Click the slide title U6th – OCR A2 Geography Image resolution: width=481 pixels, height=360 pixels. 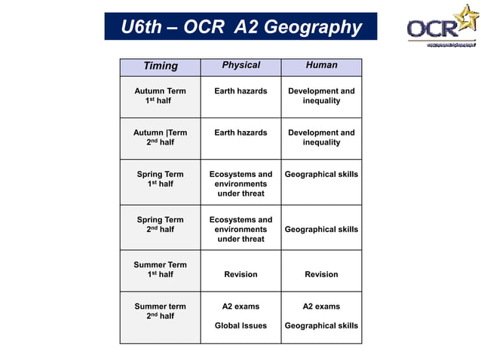(x=241, y=27)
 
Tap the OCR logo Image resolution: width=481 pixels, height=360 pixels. (x=443, y=27)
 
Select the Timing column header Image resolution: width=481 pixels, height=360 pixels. (x=161, y=66)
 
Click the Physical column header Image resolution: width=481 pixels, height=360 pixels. (x=240, y=66)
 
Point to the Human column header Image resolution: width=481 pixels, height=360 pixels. (x=321, y=66)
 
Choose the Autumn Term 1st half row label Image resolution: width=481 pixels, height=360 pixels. (x=160, y=96)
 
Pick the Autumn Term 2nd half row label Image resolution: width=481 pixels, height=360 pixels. (x=160, y=137)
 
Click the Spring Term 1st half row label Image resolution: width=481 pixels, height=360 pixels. (x=160, y=179)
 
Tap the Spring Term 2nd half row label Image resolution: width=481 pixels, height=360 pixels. (x=160, y=224)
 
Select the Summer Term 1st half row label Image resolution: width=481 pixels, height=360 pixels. (x=160, y=270)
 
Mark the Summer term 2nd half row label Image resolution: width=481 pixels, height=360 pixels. (x=160, y=311)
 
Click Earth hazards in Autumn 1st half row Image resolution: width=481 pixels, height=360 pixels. (x=240, y=91)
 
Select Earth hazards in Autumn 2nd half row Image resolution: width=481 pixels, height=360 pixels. (x=240, y=133)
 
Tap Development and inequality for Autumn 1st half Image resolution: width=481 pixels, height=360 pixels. (x=321, y=96)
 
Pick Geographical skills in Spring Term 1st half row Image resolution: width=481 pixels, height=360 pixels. (x=321, y=175)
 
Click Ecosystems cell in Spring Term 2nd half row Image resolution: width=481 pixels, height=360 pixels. (x=240, y=229)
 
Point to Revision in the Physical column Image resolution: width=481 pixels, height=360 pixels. (x=240, y=275)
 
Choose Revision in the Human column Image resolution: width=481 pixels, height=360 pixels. (x=321, y=275)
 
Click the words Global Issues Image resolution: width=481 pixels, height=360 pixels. (x=240, y=326)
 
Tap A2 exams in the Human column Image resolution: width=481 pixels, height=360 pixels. (x=321, y=307)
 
